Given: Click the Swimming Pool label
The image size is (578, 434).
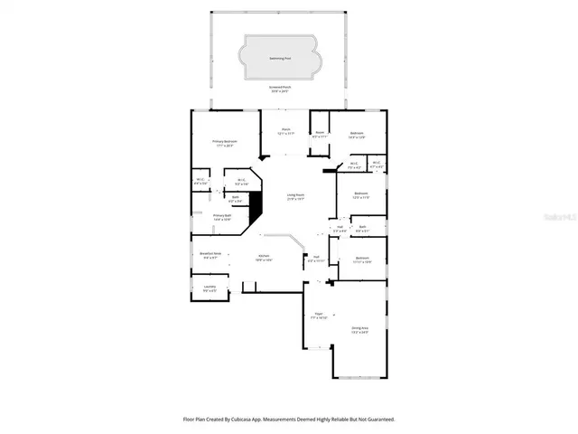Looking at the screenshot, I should [280, 58].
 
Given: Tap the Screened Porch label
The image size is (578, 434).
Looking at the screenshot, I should [280, 89].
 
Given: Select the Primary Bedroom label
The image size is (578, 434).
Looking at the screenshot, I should [225, 143].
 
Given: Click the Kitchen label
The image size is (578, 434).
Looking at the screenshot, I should [264, 258].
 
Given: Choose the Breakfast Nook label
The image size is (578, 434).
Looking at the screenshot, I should [209, 256].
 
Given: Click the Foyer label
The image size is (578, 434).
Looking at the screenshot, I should [319, 316].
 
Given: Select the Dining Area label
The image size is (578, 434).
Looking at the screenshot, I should [359, 329].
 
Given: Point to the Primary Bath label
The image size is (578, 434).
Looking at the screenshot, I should [222, 217].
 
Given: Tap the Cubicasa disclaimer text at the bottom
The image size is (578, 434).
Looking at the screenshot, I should [289, 420].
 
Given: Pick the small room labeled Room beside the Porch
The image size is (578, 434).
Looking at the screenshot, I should [320, 135].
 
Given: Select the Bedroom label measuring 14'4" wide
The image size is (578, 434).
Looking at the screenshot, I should [356, 135].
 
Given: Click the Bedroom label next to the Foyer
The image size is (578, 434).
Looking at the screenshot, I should [362, 260].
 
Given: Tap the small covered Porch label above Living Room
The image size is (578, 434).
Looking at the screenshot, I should [285, 131].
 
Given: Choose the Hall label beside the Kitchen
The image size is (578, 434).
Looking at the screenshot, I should [316, 259].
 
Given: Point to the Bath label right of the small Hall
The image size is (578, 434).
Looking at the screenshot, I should [361, 229].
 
